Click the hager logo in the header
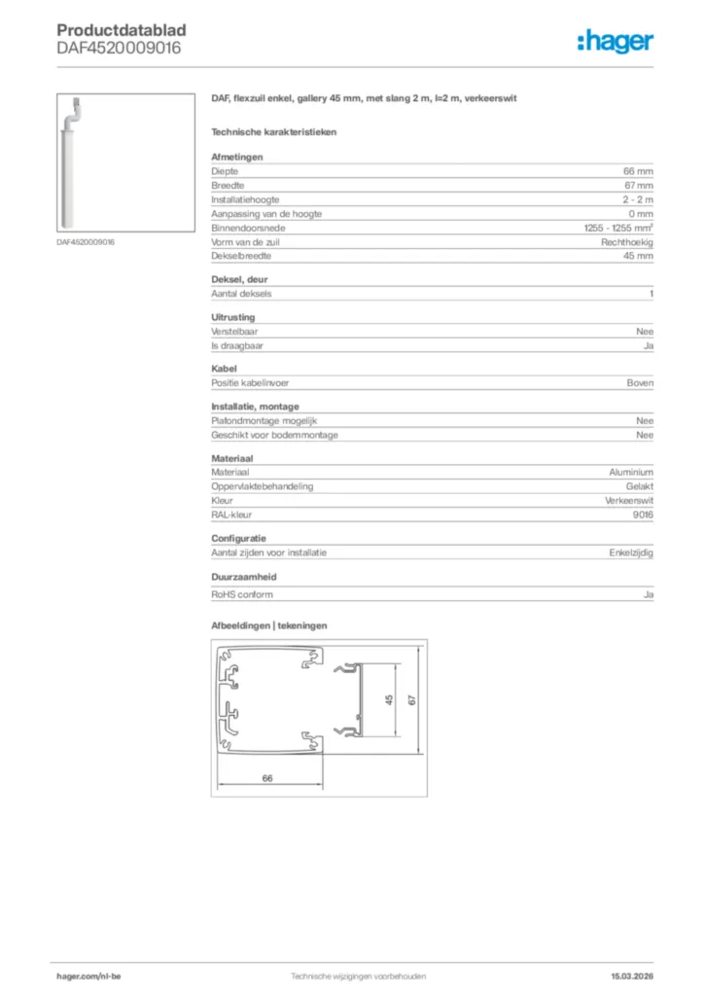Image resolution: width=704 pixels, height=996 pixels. (x=615, y=40)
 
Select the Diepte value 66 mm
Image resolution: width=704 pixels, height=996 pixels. (x=638, y=170)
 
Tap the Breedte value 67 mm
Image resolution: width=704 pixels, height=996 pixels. (x=638, y=185)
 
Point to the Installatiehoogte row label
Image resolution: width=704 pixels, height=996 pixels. (x=244, y=199)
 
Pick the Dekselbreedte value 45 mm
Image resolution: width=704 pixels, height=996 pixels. (x=638, y=256)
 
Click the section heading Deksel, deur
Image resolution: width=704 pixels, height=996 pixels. (x=239, y=279)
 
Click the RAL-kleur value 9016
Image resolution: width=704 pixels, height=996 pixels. (x=642, y=515)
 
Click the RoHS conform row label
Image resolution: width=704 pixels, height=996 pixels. (x=242, y=594)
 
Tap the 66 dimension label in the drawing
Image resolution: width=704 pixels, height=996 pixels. (x=266, y=778)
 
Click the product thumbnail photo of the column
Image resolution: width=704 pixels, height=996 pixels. (x=71, y=160)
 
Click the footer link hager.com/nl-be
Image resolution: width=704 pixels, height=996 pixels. (x=88, y=976)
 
